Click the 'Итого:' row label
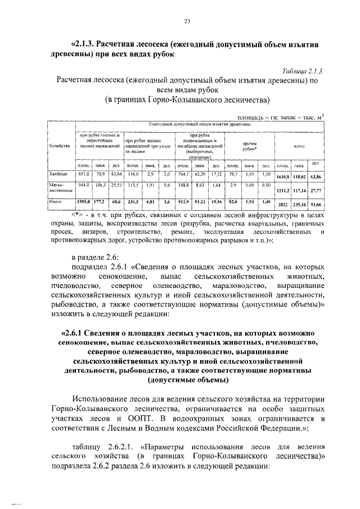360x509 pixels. point(57,201)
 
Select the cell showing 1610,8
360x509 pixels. point(283,178)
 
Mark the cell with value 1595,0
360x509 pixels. point(84,201)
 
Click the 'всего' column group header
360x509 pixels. point(299,146)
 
